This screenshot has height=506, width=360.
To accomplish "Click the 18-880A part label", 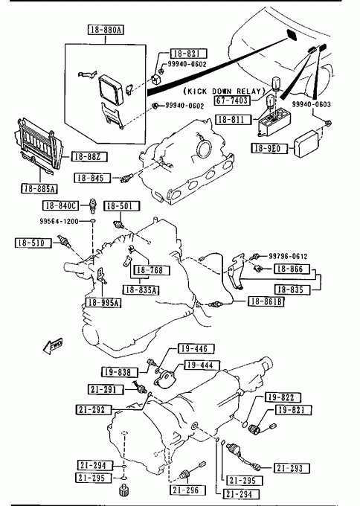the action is [x=106, y=30].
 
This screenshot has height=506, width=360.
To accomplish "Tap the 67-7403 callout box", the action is [x=232, y=100].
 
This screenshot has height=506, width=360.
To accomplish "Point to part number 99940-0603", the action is [x=312, y=104].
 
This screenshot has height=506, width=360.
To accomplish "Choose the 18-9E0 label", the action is [x=269, y=148].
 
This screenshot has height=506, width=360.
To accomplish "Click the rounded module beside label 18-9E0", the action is [x=308, y=144].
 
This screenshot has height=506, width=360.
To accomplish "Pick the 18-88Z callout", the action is [x=89, y=157].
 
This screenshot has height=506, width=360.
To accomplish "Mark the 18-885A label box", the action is [x=39, y=188].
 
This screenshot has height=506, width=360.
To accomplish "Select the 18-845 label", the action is [x=92, y=178].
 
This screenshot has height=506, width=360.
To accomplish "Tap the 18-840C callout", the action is [x=61, y=205].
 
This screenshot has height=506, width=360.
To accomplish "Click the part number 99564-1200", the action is [x=59, y=222].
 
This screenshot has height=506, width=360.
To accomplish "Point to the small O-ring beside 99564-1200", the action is [x=92, y=221].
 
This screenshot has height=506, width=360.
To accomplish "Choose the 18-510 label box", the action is [x=33, y=243].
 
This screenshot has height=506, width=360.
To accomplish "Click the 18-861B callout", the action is [x=266, y=301].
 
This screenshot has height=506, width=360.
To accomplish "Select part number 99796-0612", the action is [x=288, y=256].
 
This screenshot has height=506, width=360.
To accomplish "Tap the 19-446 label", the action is [x=196, y=348].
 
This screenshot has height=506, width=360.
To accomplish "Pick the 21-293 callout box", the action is [x=292, y=468].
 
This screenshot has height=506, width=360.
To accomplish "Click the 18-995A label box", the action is [x=103, y=302].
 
